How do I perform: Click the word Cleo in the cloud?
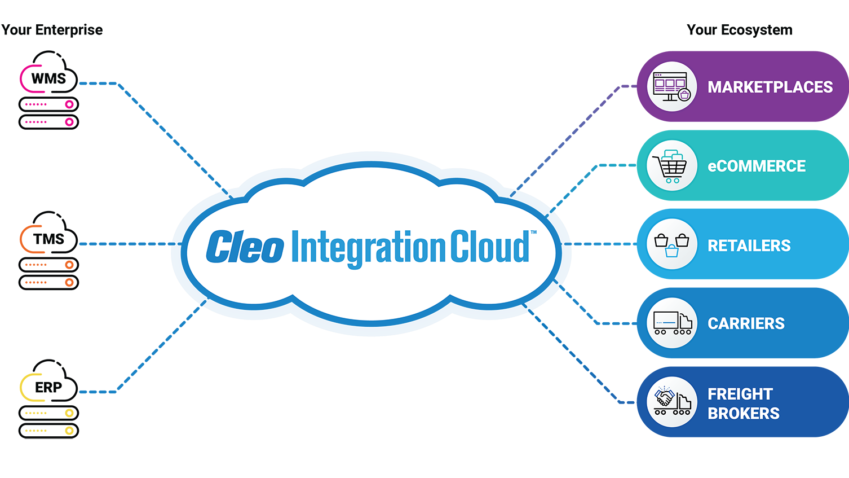[244, 247]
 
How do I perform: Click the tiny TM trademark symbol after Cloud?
[533, 232]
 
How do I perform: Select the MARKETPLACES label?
[770, 87]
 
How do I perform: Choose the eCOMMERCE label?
[757, 166]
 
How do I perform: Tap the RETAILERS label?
[749, 245]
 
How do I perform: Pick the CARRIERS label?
[746, 323]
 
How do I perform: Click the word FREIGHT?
[740, 393]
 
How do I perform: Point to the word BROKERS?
[743, 414]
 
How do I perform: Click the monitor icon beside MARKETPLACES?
[671, 86]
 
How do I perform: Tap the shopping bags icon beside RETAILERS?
[671, 244]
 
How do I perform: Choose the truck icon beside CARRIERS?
[671, 323]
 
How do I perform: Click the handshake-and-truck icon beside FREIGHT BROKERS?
[671, 402]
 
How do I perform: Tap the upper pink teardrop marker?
[68, 104]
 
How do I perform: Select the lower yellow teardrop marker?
[68, 431]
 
